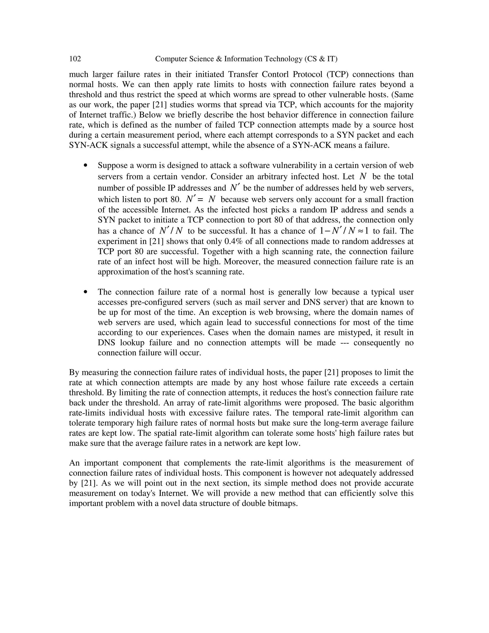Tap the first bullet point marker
[x=85, y=166]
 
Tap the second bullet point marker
[x=85, y=292]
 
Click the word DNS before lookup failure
[x=106, y=343]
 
